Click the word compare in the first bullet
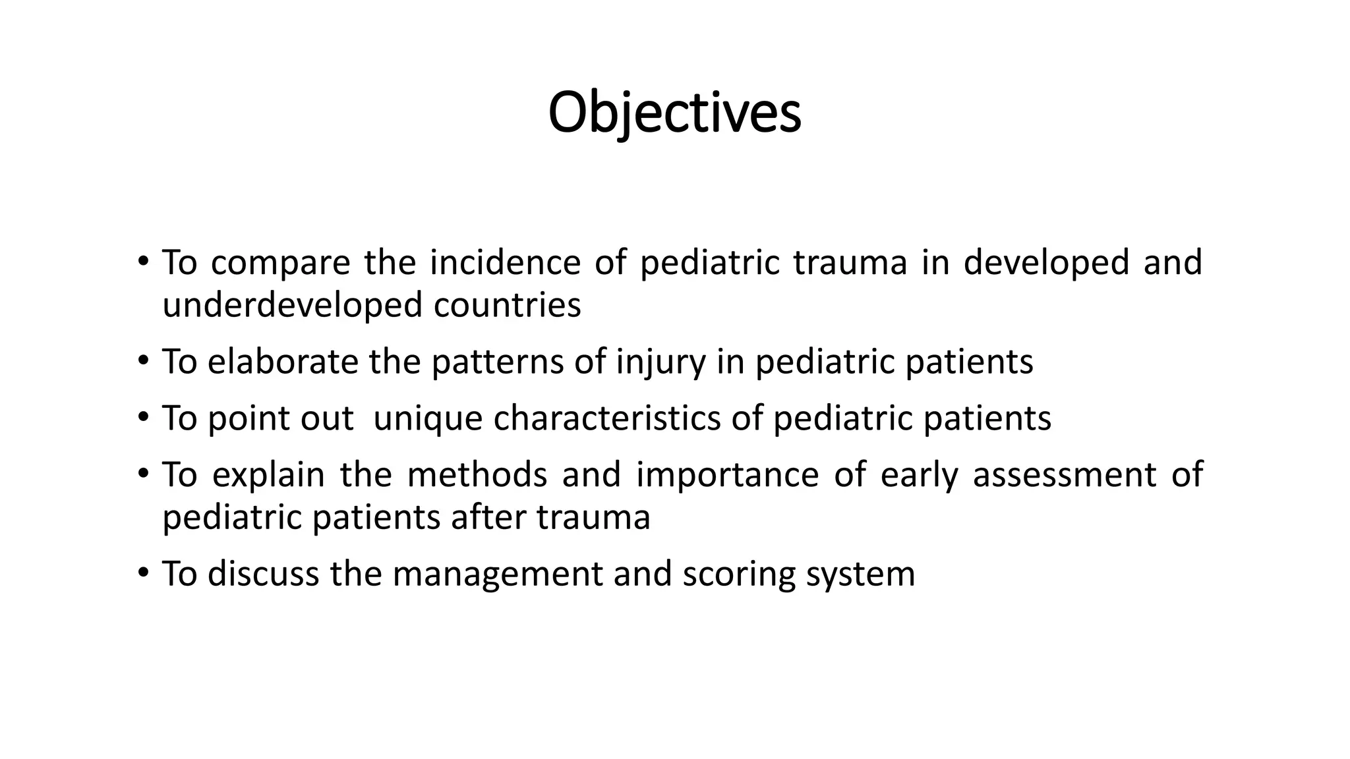click(x=280, y=264)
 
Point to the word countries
click(x=507, y=306)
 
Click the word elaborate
click(x=282, y=362)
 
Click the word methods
click(x=477, y=475)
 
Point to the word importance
click(x=727, y=476)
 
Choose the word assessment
click(x=1064, y=475)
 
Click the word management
click(x=498, y=575)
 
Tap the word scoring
click(x=739, y=575)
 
